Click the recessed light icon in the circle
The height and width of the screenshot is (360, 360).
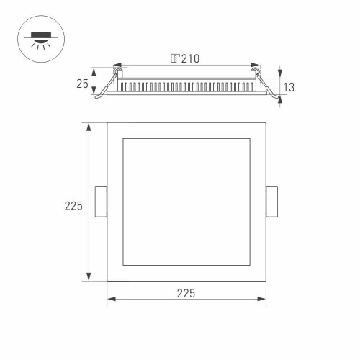point(36,36)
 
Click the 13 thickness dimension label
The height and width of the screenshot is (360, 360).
point(289,87)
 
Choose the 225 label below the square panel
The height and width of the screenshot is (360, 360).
point(186,293)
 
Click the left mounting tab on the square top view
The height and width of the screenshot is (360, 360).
point(101,202)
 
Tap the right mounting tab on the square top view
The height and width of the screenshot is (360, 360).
point(272,202)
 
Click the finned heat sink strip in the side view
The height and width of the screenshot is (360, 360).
point(186,86)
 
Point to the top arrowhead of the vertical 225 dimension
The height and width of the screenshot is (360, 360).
point(89,127)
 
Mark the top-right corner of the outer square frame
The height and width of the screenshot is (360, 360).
point(266,122)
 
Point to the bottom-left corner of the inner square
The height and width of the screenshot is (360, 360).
point(123,265)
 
